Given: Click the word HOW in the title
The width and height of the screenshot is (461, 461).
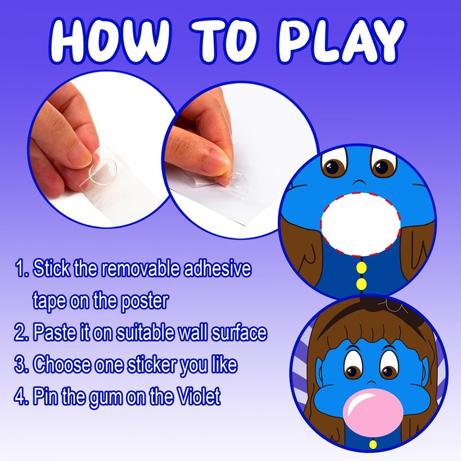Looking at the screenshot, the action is (110, 40).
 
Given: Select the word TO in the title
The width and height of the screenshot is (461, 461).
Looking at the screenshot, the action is (224, 40).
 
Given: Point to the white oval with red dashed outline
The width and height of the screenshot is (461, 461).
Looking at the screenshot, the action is (361, 224).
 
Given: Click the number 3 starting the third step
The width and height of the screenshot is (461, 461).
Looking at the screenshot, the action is (21, 365).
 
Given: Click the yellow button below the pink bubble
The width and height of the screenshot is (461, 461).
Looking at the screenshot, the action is (373, 444).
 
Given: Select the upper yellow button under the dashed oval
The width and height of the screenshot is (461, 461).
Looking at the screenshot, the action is (361, 267).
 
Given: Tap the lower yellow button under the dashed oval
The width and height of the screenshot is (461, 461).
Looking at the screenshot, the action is (361, 284).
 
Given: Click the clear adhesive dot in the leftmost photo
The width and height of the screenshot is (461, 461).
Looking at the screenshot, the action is (103, 172).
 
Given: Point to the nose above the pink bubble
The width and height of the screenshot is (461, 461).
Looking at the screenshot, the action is (371, 382).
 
